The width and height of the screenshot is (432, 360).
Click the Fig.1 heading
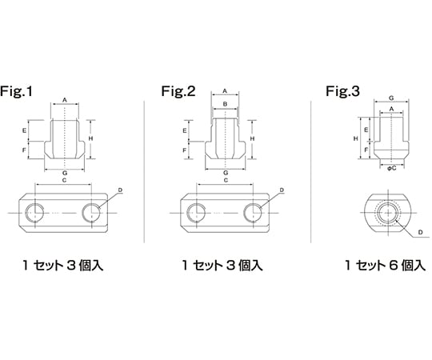pos(16,91)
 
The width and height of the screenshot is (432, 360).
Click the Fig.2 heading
pos(178,91)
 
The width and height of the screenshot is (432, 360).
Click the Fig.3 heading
pos(342,91)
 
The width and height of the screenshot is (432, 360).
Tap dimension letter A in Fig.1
pos(65,100)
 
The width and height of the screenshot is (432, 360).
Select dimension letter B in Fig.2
pos(225,104)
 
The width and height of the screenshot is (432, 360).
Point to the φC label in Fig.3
pos(391,168)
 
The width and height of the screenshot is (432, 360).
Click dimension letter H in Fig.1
pos(90,138)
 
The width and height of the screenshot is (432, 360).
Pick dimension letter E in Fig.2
pos(185,131)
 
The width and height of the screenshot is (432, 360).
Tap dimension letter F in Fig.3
pos(366,150)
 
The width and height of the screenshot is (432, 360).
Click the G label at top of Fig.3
pos(391,98)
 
